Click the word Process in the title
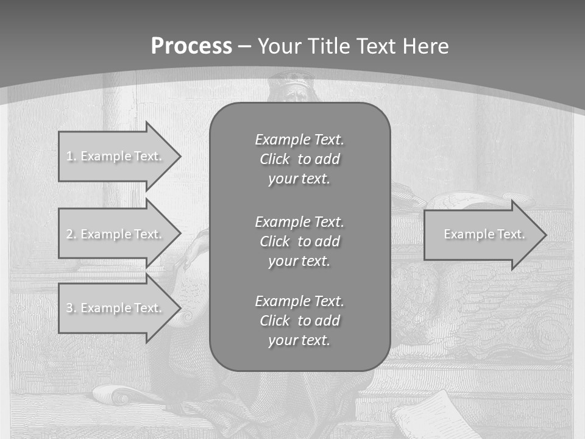click(191, 46)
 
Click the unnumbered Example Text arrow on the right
click(481, 234)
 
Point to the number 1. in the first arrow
click(71, 156)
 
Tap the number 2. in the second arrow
click(71, 234)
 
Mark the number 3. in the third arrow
click(71, 308)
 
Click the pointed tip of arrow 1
click(179, 156)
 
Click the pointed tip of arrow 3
click(179, 308)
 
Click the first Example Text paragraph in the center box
click(299, 159)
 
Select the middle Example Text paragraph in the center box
click(299, 241)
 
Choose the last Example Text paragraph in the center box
click(299, 321)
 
